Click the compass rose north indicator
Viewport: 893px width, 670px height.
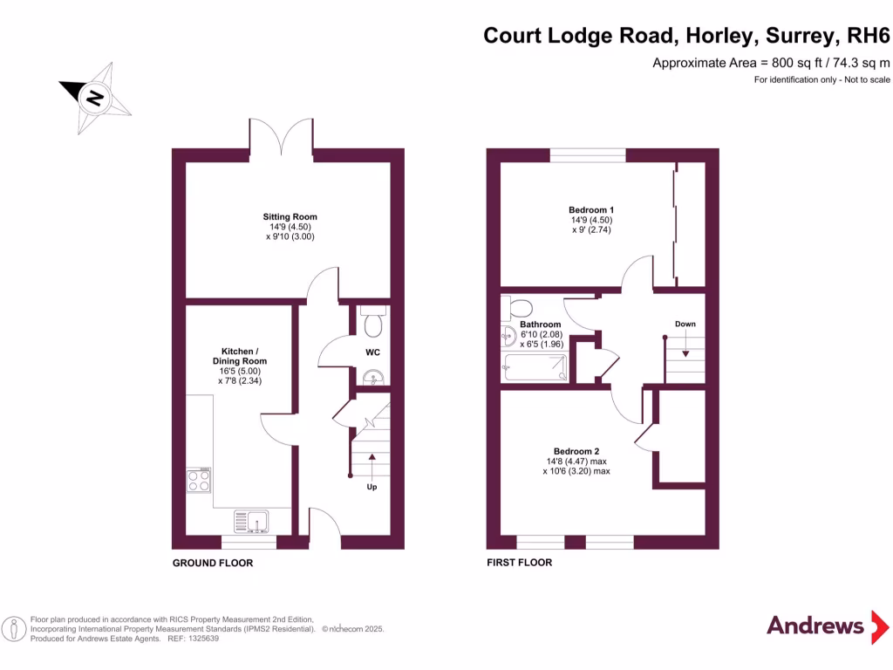click(94, 98)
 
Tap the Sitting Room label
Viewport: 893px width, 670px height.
click(290, 216)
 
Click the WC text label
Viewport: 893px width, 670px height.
click(372, 352)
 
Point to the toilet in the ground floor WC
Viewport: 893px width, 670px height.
click(373, 324)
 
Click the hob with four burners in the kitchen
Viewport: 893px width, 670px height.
click(198, 482)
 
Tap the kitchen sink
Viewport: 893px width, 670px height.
click(252, 521)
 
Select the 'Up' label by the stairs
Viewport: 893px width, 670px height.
click(372, 487)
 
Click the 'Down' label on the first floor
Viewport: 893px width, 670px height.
click(685, 324)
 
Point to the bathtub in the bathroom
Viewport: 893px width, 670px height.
click(535, 368)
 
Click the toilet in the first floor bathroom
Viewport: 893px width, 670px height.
click(520, 309)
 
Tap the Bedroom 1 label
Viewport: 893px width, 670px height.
click(591, 209)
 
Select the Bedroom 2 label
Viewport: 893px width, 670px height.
click(576, 450)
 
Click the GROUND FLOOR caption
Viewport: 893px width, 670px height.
click(213, 564)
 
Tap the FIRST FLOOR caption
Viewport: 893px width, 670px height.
click(520, 563)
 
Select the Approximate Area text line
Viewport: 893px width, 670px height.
click(771, 62)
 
